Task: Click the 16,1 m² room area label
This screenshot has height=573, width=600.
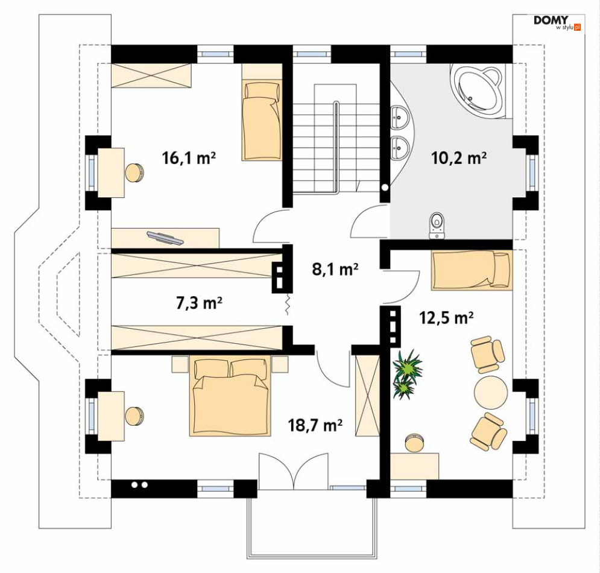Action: tap(189, 157)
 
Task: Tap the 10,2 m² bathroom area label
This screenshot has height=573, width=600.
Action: tap(459, 157)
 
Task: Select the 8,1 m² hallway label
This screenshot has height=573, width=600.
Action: tap(335, 270)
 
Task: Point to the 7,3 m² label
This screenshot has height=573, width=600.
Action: tap(199, 303)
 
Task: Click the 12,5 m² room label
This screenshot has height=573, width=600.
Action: tap(447, 317)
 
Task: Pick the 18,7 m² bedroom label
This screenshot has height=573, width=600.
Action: tap(315, 425)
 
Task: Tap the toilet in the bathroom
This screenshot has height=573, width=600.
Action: tap(437, 226)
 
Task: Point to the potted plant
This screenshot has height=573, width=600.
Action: tap(407, 374)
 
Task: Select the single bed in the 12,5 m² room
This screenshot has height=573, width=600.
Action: tap(471, 270)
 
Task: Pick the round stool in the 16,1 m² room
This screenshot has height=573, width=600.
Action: tap(134, 173)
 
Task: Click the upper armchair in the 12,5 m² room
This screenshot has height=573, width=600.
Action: tap(488, 354)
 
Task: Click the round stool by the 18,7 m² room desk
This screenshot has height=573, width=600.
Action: tap(134, 417)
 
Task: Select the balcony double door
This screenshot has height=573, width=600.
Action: tap(293, 471)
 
